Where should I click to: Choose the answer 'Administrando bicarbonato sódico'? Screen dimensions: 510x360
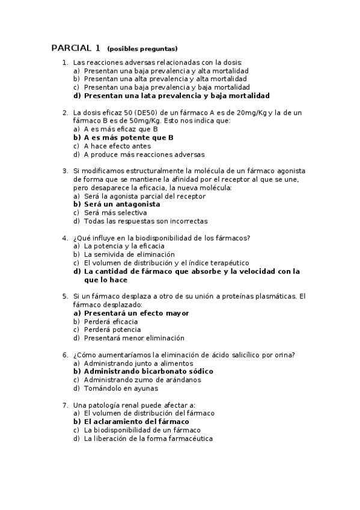[148, 371]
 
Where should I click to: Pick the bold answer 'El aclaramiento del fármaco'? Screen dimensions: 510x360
[136, 422]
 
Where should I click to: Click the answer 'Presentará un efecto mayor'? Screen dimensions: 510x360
[136, 313]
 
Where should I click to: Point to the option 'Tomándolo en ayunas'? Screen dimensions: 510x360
[121, 388]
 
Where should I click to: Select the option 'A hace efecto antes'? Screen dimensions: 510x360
[117, 146]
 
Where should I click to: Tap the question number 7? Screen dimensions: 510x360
[65, 405]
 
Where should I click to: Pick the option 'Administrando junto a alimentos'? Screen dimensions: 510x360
[138, 363]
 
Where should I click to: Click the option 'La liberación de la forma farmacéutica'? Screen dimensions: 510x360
[148, 438]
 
